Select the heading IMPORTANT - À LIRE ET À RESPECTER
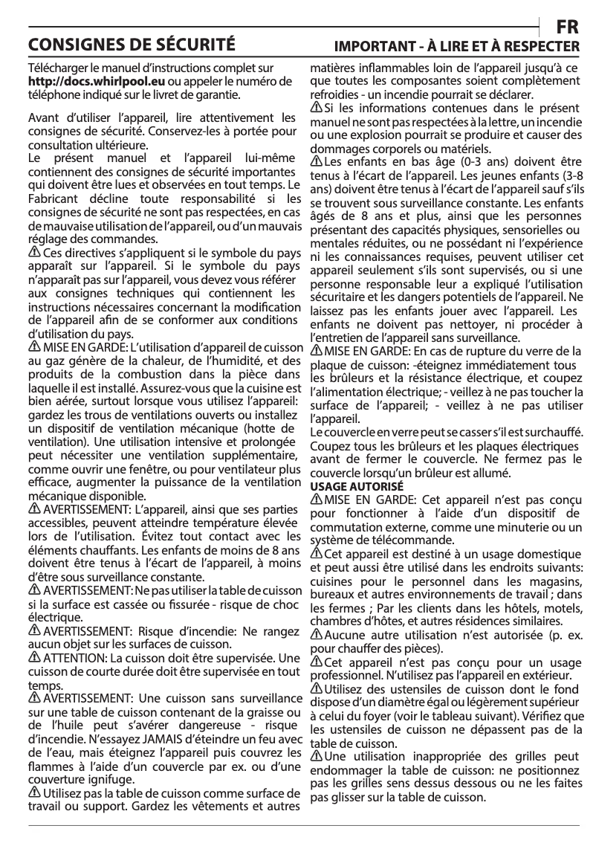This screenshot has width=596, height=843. coord(456,46)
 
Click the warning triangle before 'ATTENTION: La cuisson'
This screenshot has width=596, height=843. coord(34,659)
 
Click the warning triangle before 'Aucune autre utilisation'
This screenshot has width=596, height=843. coord(316,633)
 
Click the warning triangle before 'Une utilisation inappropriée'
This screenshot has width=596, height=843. coord(316,757)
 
